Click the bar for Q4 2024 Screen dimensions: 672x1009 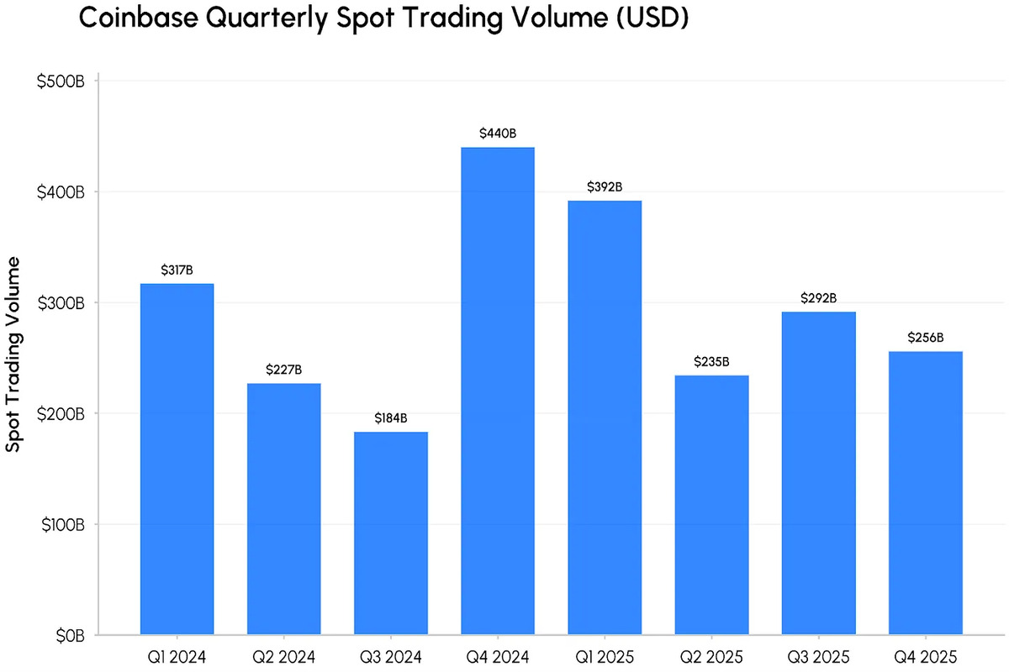498,391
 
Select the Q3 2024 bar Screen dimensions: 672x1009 391,533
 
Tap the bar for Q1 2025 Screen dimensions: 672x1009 605,417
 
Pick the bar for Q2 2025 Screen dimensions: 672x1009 711,505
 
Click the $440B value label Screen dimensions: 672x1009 498,133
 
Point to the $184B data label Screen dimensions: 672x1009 391,417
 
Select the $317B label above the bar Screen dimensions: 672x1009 177,270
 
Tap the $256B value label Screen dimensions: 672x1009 926,338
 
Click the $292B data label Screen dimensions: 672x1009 818,297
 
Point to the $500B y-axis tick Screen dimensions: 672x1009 61,81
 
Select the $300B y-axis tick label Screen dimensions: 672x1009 61,303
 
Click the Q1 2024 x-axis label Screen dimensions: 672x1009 177,654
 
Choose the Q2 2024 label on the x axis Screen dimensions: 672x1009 284,654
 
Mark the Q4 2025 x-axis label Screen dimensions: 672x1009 926,654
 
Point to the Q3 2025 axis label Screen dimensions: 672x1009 818,654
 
